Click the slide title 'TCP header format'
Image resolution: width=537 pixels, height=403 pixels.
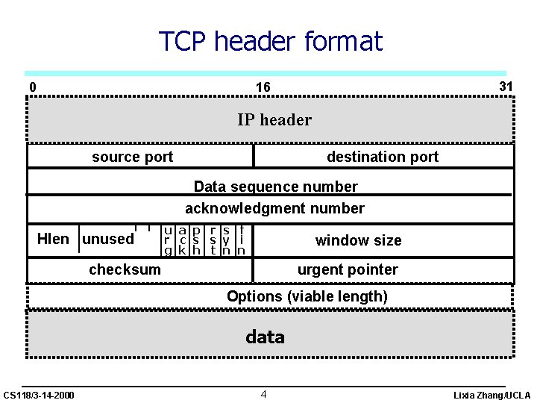270,41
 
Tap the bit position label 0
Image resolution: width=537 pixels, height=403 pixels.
32,87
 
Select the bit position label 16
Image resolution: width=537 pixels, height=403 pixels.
263,87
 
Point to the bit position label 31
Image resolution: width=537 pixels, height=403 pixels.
506,87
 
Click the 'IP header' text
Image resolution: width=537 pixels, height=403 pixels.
274,119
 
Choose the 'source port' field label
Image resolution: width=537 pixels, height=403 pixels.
132,157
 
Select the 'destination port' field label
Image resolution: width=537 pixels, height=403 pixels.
383,157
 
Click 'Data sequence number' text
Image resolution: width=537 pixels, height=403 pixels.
275,187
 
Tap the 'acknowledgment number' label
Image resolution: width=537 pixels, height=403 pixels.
274,208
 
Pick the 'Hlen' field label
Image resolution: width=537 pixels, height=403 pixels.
53,240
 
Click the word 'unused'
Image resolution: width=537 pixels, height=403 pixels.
108,240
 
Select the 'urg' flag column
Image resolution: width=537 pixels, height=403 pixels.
169,240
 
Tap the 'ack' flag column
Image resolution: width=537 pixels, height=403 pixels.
182,240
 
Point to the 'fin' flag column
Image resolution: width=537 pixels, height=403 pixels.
241,240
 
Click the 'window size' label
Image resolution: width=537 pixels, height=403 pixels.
358,240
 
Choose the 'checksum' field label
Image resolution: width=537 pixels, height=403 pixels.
125,269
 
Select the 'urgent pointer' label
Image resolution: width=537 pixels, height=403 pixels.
348,269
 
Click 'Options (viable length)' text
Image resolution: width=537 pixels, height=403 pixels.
307,296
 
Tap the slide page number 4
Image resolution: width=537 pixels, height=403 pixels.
264,393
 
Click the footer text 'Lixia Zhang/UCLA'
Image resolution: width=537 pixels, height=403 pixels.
492,395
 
